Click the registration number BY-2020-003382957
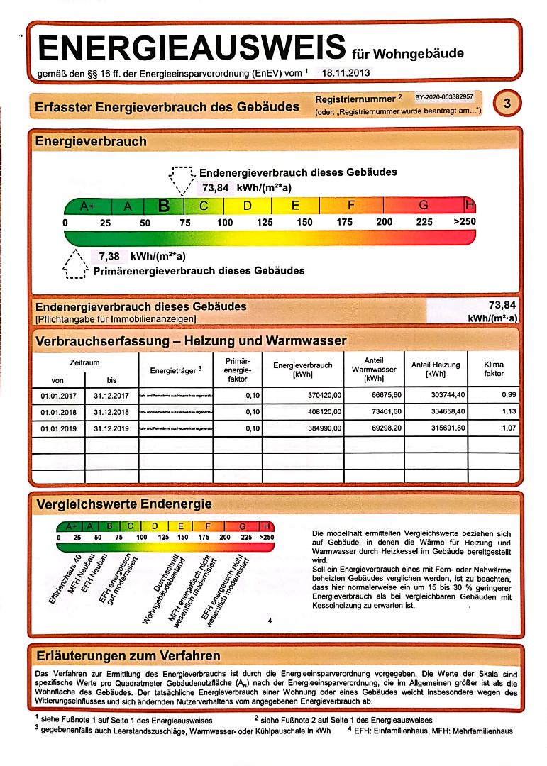click(444, 96)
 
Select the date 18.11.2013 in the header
click(346, 72)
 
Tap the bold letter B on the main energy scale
click(164, 206)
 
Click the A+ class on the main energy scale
click(87, 206)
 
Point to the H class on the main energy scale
click(470, 206)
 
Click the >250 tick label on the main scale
click(465, 223)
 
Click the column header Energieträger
click(176, 370)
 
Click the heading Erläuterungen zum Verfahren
click(128, 655)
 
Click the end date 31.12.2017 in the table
click(111, 395)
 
